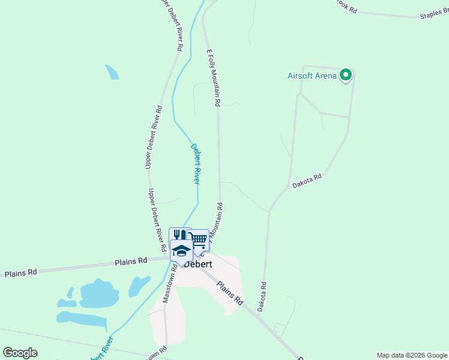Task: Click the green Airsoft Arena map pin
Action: pyautogui.click(x=345, y=75)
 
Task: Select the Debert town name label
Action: pyautogui.click(x=199, y=263)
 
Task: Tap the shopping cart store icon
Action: pyautogui.click(x=199, y=239)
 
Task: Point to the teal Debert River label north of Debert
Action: pyautogui.click(x=194, y=163)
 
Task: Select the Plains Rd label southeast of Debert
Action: pyautogui.click(x=230, y=293)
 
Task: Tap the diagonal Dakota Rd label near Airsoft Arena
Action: pyautogui.click(x=307, y=181)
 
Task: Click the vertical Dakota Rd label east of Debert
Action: pyautogui.click(x=262, y=296)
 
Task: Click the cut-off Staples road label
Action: pyautogui.click(x=434, y=14)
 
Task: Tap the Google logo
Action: pyautogui.click(x=20, y=353)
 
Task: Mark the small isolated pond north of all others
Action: pyautogui.click(x=112, y=72)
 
